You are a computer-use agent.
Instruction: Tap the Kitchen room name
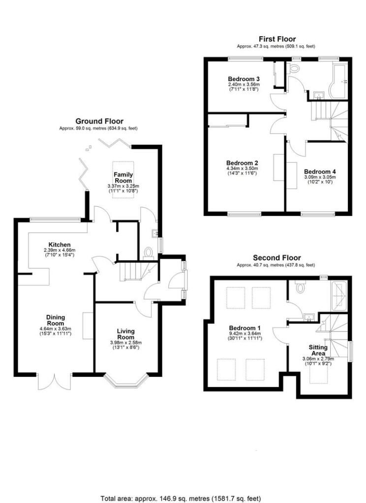[x=60, y=244]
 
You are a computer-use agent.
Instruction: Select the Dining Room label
[x=56, y=320]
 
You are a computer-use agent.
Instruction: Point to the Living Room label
[x=126, y=334]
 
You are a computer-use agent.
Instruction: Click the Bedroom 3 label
[x=244, y=79]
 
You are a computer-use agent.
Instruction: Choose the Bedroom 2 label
[x=243, y=163]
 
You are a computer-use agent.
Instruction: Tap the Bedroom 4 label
[x=320, y=171]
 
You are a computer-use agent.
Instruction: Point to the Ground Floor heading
[x=99, y=121]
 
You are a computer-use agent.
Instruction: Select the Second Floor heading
[x=276, y=257]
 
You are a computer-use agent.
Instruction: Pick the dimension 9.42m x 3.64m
[x=244, y=334]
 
